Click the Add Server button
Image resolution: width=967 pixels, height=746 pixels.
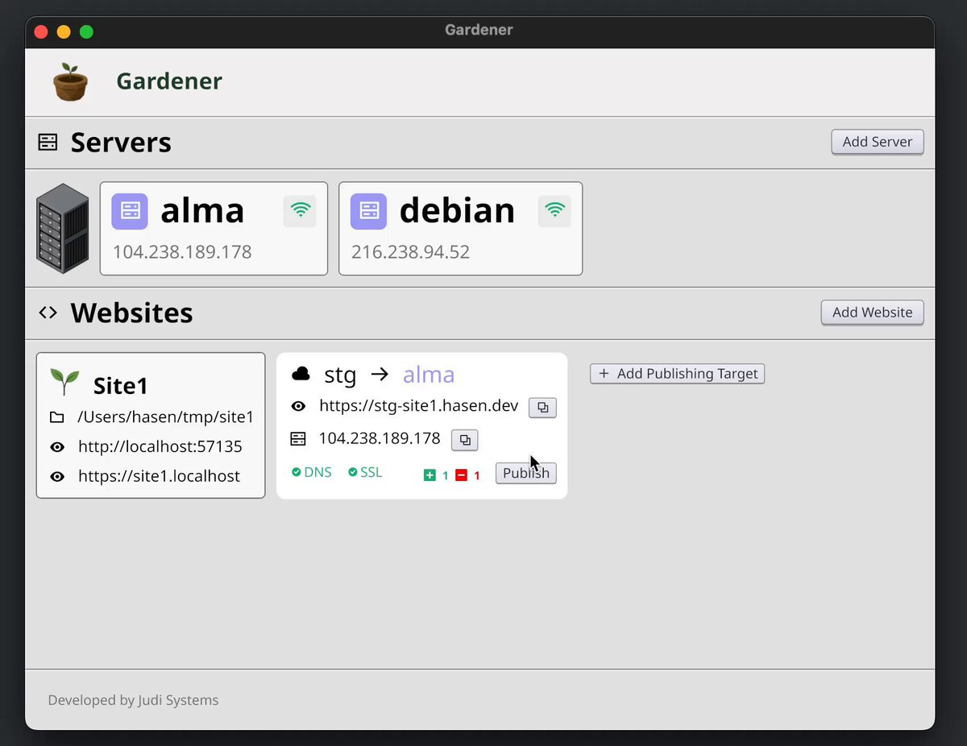(877, 142)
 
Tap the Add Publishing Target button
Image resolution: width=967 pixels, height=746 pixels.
(677, 374)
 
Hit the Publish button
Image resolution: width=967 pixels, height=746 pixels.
(526, 473)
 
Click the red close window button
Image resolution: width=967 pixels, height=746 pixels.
(41, 32)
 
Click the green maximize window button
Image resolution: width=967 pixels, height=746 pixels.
(87, 32)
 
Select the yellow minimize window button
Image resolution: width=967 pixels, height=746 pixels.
(64, 32)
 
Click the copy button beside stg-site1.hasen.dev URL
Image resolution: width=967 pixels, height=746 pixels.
(542, 408)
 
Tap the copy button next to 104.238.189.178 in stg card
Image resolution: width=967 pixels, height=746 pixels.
(465, 440)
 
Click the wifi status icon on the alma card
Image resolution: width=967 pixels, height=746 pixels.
(301, 210)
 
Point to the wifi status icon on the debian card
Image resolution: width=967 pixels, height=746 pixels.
(554, 210)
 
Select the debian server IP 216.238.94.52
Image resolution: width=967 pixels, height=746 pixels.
(410, 252)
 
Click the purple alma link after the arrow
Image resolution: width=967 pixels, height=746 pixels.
(429, 375)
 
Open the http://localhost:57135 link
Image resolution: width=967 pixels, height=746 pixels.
(160, 446)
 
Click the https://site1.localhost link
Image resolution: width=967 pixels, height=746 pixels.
(159, 476)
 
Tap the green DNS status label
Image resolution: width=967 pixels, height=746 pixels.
(312, 472)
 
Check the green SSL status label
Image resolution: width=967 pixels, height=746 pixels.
(365, 472)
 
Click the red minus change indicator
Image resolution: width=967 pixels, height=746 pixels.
(462, 475)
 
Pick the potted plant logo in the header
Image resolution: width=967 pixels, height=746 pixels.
(70, 82)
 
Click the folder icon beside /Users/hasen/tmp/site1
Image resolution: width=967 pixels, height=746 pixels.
(56, 417)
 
